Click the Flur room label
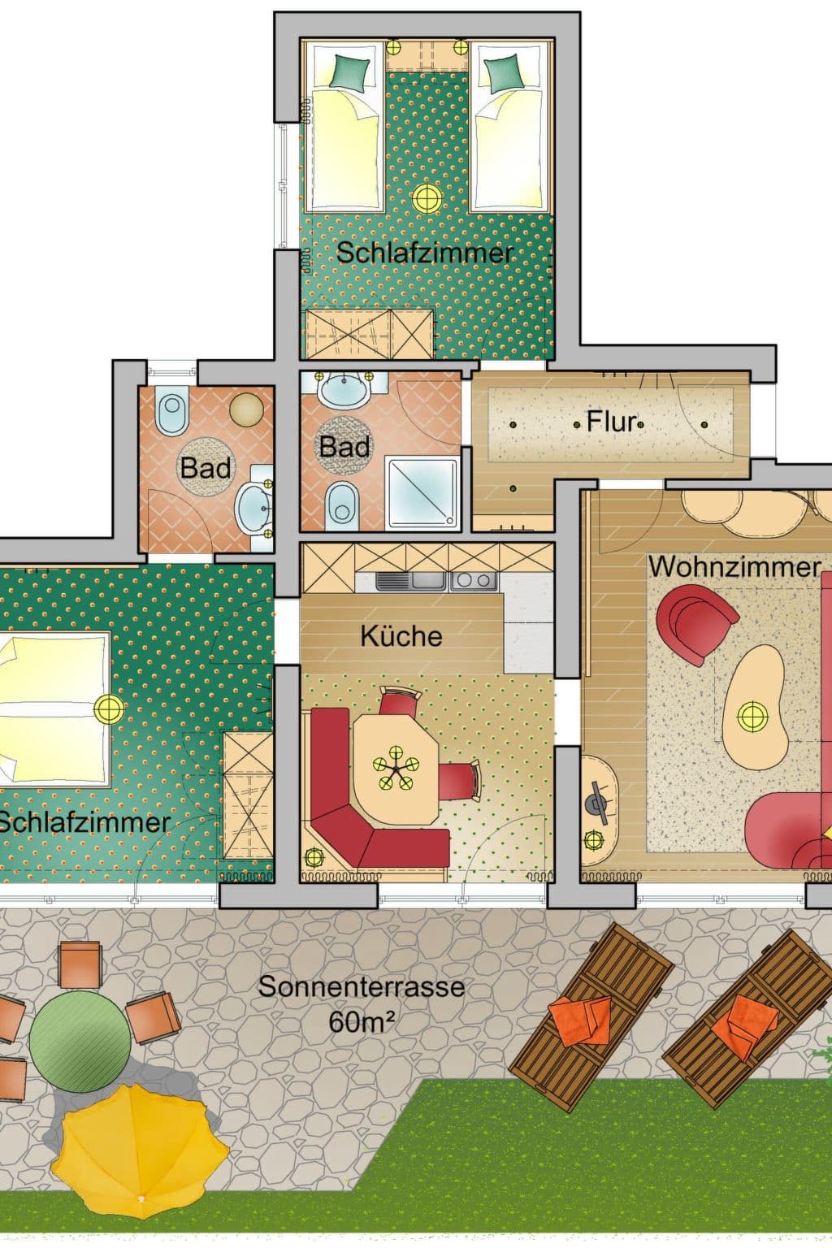tap(611, 422)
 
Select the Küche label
tap(401, 636)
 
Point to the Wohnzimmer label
tap(734, 566)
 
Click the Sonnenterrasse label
tap(361, 987)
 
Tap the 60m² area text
tap(361, 1021)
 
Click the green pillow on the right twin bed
tap(504, 68)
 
